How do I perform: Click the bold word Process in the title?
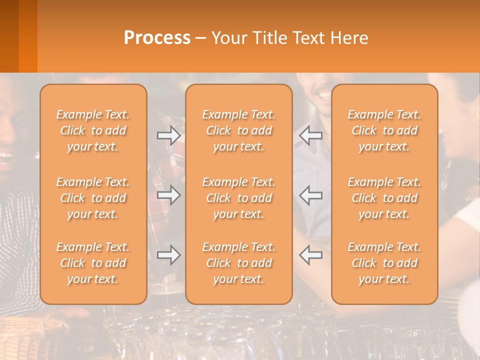[157, 38]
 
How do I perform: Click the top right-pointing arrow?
[168, 135]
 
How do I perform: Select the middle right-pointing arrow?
[168, 195]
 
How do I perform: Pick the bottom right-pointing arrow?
[168, 254]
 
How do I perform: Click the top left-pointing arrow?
[311, 135]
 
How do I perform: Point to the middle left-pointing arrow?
[311, 195]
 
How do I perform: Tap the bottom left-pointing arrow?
[311, 254]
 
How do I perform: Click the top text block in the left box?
[93, 130]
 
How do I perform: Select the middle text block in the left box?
[93, 198]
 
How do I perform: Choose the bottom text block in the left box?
[93, 263]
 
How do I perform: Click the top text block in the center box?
[239, 130]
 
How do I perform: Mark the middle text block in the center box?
[239, 198]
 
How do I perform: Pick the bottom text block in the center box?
[239, 263]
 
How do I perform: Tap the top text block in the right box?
[384, 130]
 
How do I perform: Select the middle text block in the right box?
[384, 198]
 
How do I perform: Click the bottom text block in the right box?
[384, 263]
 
